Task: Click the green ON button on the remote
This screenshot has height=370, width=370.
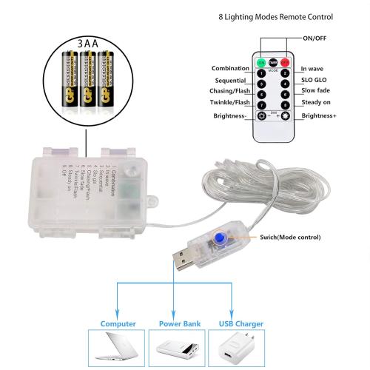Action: coord(260,63)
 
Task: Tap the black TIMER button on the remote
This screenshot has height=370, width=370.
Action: coord(272,63)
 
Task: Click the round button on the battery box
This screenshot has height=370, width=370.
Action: coord(131,171)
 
